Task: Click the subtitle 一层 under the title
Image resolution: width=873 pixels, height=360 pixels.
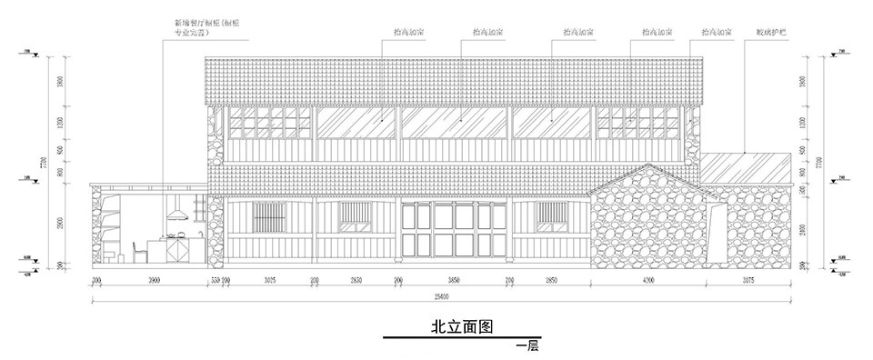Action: point(526,346)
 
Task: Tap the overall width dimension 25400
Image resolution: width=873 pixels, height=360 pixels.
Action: point(441,295)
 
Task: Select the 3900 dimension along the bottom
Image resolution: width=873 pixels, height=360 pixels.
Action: point(154,282)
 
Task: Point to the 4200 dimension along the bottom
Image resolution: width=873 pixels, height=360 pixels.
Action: point(647,282)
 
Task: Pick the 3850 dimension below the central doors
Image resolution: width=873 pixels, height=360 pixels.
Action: point(453,282)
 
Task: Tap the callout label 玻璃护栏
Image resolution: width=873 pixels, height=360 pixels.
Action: point(769,32)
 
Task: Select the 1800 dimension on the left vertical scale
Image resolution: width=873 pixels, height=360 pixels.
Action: point(60,81)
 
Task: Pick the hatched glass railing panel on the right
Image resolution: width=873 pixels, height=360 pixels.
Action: point(745,167)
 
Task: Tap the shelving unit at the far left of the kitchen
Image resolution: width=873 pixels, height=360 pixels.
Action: point(108,223)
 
